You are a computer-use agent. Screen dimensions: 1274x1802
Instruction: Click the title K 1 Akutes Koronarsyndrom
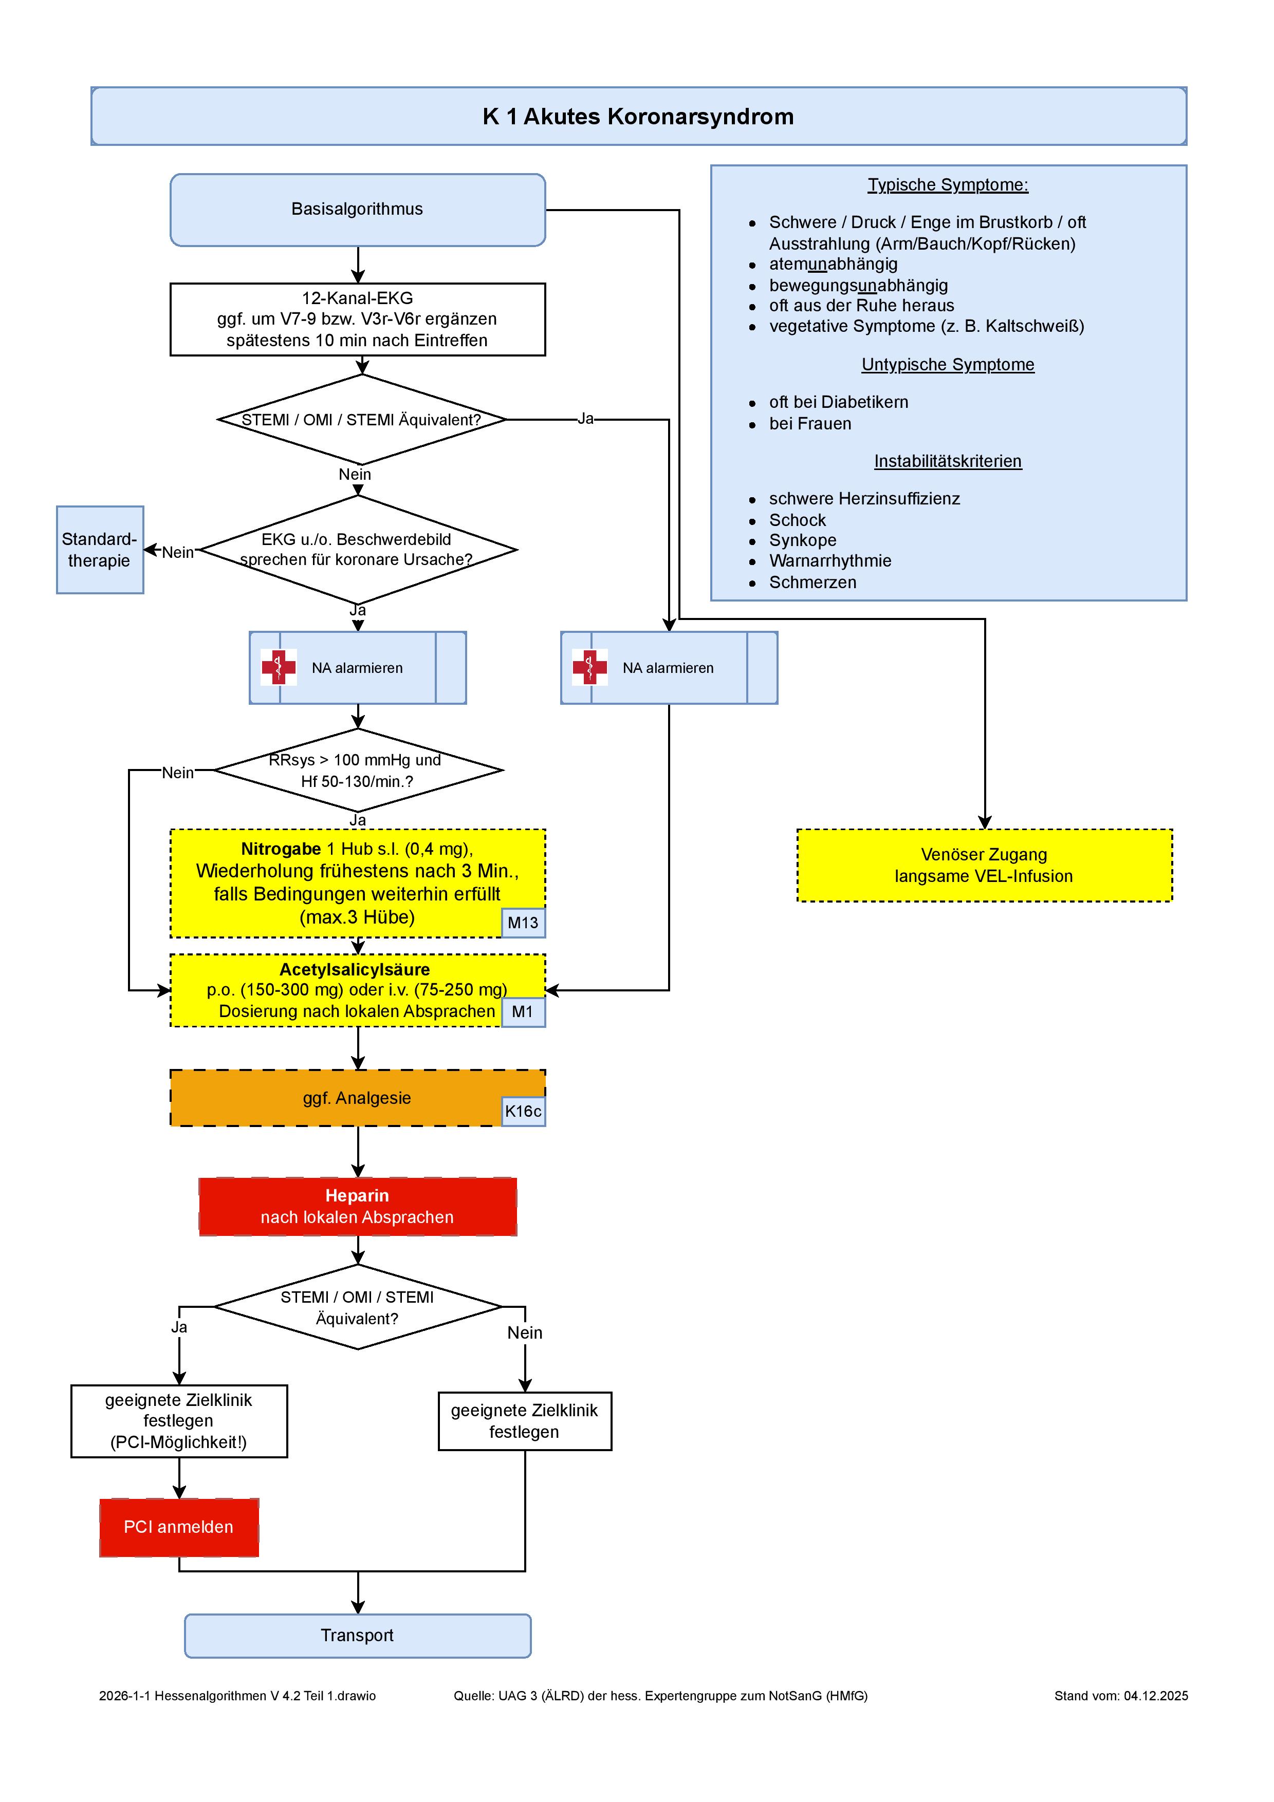[x=638, y=116]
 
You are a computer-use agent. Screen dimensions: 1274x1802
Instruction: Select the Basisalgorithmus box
[x=358, y=210]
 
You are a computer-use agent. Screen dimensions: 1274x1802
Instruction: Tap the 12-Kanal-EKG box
[x=358, y=320]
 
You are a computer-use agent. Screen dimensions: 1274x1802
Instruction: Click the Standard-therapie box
[x=100, y=550]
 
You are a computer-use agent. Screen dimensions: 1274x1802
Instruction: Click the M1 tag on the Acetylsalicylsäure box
[x=523, y=1011]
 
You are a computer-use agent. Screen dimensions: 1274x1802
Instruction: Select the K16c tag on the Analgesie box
[x=523, y=1111]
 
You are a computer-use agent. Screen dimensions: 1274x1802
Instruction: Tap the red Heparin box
[x=358, y=1206]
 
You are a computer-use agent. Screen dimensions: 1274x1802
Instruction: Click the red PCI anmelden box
[x=179, y=1527]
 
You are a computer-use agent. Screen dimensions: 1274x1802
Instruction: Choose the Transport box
[x=358, y=1636]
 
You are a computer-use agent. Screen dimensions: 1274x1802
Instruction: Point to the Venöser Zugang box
[x=984, y=865]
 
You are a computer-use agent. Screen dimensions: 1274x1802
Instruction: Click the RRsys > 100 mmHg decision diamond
[x=358, y=771]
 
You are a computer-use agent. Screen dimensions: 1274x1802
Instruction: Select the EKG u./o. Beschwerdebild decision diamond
[x=358, y=550]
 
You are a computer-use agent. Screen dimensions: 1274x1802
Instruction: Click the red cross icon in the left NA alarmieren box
[x=279, y=667]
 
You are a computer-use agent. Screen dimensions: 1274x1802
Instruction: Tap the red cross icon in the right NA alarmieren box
[x=589, y=667]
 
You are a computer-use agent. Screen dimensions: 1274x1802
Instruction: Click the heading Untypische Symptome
[x=948, y=365]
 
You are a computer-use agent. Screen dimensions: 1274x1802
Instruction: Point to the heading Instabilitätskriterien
[x=948, y=461]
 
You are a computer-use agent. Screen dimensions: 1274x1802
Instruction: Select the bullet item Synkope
[x=802, y=541]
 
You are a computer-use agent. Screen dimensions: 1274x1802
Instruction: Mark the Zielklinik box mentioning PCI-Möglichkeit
[x=179, y=1421]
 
